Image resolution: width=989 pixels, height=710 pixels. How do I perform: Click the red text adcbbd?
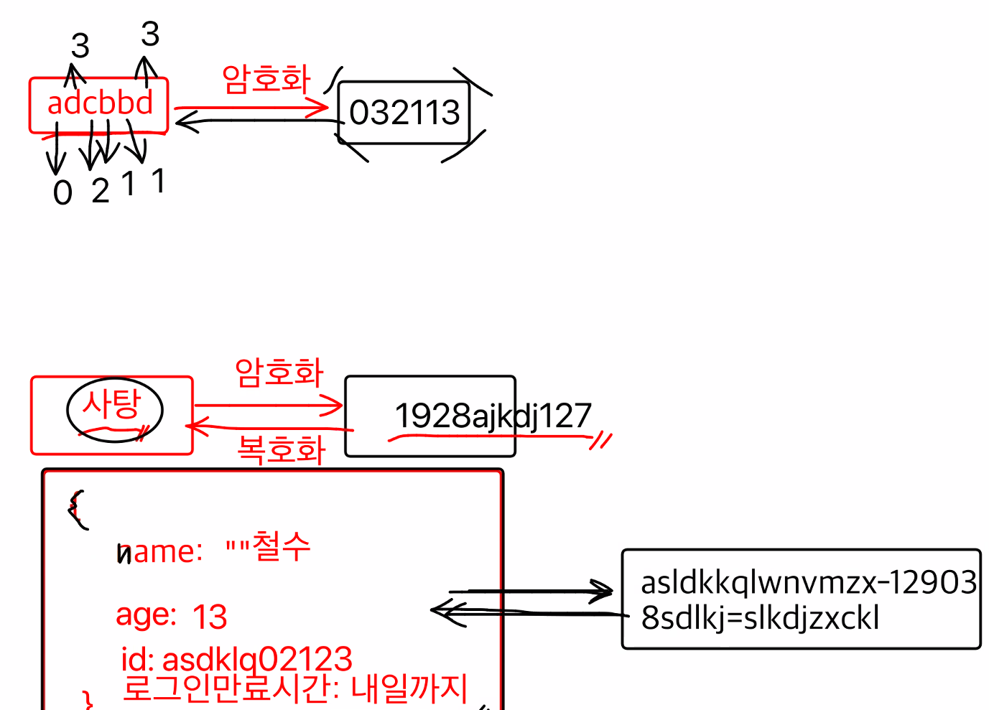coord(100,103)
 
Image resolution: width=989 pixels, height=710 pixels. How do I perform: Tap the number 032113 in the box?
coord(404,113)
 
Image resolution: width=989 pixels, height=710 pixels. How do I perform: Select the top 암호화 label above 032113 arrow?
coord(266,78)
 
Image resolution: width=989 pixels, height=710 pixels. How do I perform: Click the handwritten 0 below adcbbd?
coord(62,192)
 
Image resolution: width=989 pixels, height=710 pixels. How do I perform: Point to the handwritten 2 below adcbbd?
coord(101,191)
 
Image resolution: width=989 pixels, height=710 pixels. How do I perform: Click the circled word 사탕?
coord(112,405)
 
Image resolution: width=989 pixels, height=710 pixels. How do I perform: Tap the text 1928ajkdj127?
coord(493,416)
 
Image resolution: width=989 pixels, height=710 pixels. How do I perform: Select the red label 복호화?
coord(282,450)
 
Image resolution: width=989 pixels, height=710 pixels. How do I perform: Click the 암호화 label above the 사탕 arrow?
coord(279,373)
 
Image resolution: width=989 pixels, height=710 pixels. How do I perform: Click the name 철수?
coord(281,546)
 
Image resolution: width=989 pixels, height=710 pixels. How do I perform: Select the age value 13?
coord(210,617)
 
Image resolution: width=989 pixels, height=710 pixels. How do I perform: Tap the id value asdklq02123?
coord(257,658)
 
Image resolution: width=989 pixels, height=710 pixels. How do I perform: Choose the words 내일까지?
coord(409,688)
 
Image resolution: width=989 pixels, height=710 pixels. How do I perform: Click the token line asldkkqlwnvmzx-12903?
coord(809,583)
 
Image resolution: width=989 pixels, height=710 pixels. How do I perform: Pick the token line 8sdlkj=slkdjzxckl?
coord(760,618)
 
